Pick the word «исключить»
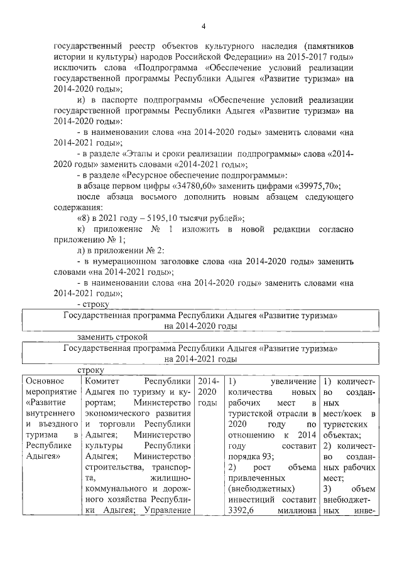click(x=73, y=68)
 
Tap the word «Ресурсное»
click(x=149, y=175)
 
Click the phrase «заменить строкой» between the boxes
click(x=112, y=337)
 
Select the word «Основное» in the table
click(x=46, y=382)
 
